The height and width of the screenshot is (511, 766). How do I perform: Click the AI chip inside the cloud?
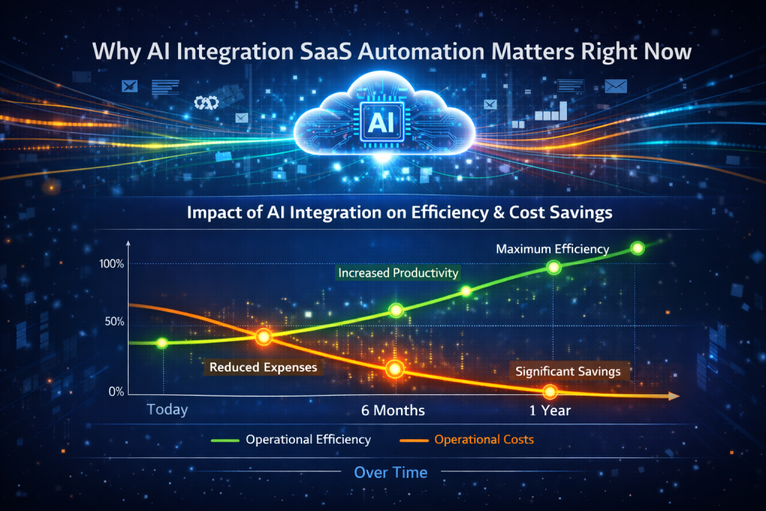[x=382, y=122]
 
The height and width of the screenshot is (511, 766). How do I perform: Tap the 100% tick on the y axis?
[x=111, y=264]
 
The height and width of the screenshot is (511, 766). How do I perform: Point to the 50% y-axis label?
[x=114, y=322]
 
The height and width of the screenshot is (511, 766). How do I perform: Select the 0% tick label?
[x=116, y=392]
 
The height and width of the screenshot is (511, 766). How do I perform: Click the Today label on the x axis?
[x=167, y=409]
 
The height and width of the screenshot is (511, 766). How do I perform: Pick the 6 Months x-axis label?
[x=393, y=410]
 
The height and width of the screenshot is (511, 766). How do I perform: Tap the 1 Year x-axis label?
[x=550, y=410]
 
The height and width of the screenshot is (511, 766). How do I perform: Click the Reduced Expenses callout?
[x=263, y=367]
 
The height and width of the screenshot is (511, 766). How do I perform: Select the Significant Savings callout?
[x=569, y=371]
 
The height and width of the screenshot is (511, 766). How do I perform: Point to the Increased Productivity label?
[x=398, y=272]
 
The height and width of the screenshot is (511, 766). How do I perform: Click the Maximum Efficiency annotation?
[x=553, y=249]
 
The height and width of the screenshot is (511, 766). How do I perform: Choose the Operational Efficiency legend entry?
[x=291, y=440]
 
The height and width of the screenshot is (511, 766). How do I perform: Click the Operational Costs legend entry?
[x=467, y=440]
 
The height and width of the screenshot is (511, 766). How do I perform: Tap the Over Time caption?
[x=390, y=472]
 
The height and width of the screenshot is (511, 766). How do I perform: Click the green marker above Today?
[x=162, y=343]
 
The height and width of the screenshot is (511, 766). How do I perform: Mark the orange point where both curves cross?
[x=264, y=337]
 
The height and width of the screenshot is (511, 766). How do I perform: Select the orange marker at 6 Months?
[x=395, y=369]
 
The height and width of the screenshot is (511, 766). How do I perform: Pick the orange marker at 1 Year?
[x=550, y=391]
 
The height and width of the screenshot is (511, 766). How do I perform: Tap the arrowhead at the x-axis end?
[x=674, y=397]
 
